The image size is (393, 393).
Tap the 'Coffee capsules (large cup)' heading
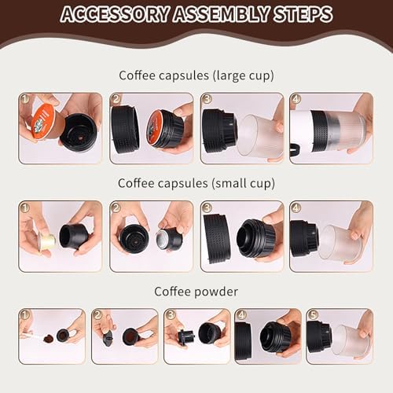(196, 75)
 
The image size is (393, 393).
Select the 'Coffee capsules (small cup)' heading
(196, 183)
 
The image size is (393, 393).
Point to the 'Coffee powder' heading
(196, 291)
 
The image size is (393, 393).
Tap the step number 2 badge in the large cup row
(116, 100)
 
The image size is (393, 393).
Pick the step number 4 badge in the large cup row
(296, 100)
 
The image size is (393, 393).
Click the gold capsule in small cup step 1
(46, 241)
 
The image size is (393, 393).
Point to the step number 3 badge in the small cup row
(207, 208)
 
